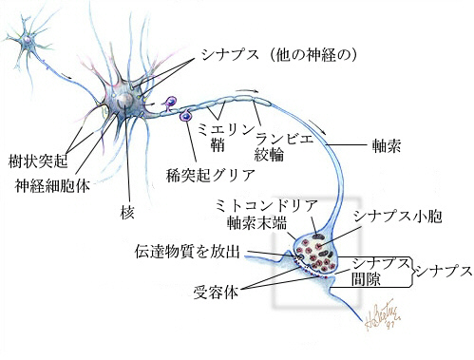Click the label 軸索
pos(387,148)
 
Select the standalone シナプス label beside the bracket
pos(444,271)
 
